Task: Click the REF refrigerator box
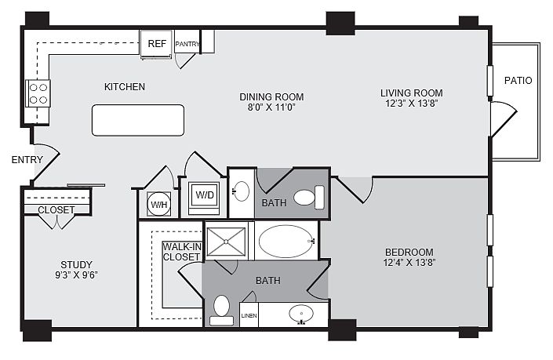point(156,44)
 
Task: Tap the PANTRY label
point(187,44)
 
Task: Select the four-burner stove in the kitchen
point(38,93)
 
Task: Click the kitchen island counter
point(138,120)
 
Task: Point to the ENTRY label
point(27,160)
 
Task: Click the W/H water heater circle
point(159,204)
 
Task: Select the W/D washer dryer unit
point(204,198)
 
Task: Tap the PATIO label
point(518,81)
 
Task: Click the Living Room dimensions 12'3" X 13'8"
point(412,104)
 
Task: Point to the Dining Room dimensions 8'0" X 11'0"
point(271,107)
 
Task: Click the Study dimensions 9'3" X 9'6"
point(76,275)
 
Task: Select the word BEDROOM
point(409,252)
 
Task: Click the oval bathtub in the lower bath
point(286,242)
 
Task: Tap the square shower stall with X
point(226,242)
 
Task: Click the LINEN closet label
point(249,315)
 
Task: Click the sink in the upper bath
point(242,191)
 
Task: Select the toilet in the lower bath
point(221,311)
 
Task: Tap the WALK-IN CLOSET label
point(182,252)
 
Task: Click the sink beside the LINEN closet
point(301,314)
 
